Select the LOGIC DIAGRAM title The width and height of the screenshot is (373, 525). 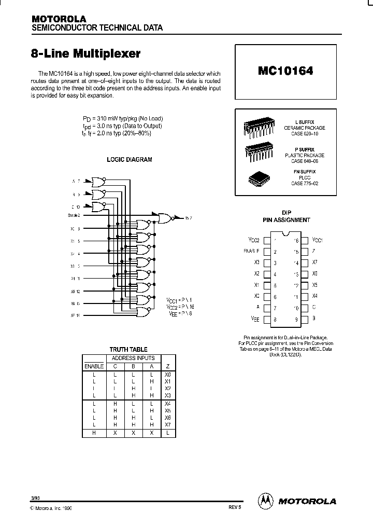[x=130, y=160]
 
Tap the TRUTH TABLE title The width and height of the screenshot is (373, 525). [x=128, y=350]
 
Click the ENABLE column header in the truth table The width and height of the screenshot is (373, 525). [x=94, y=366]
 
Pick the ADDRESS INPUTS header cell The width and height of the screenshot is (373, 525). [x=134, y=358]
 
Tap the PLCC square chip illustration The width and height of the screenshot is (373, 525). [x=259, y=178]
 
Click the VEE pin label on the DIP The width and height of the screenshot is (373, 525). [x=255, y=320]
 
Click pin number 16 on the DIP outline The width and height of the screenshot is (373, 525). [x=296, y=241]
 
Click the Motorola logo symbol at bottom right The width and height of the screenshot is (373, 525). [x=265, y=501]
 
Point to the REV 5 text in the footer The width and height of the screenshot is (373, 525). [x=234, y=508]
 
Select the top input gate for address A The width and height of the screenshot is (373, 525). [x=97, y=182]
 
